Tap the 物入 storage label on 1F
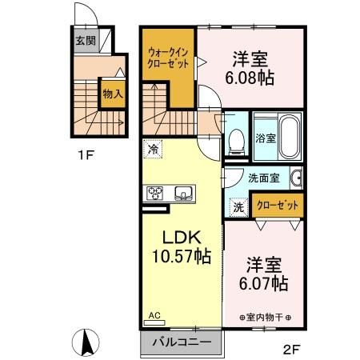click(x=113, y=94)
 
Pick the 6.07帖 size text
click(x=264, y=283)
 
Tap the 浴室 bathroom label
click(x=264, y=138)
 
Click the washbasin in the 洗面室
click(x=295, y=178)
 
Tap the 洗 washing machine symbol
click(x=238, y=206)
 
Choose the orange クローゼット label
click(x=277, y=206)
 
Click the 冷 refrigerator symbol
click(x=152, y=148)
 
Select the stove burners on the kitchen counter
click(x=156, y=192)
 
